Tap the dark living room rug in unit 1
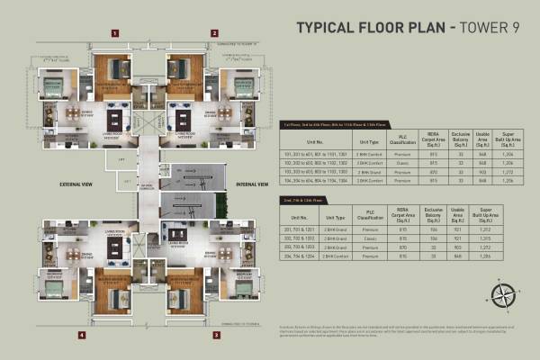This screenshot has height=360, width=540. point(113,118)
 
